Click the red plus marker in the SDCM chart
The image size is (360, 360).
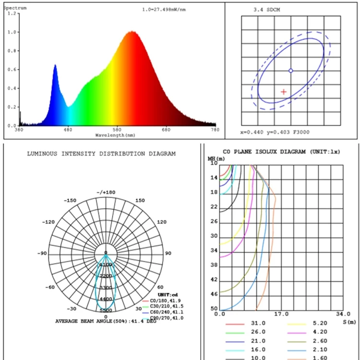click(x=284, y=92)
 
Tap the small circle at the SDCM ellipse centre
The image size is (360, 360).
click(x=290, y=71)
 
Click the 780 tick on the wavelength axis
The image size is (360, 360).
click(x=215, y=130)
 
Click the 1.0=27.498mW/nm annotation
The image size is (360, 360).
click(x=164, y=10)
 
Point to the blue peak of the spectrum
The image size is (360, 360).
click(x=55, y=65)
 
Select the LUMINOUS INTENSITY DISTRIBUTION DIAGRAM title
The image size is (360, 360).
click(x=101, y=154)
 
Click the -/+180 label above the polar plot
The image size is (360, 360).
click(x=107, y=192)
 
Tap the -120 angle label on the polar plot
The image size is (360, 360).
click(x=49, y=223)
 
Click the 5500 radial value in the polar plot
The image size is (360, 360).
click(x=107, y=311)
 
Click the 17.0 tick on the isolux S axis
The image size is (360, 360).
click(x=281, y=314)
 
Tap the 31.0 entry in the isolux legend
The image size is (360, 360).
click(x=258, y=324)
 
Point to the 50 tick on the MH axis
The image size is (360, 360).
click(x=214, y=309)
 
